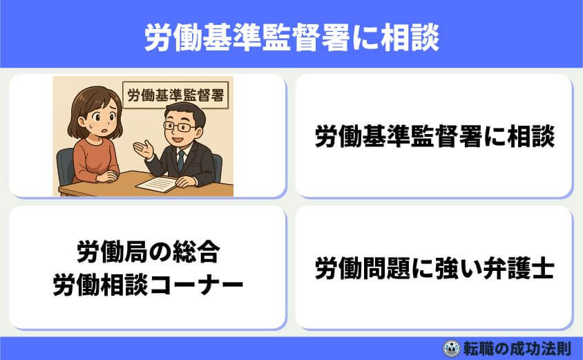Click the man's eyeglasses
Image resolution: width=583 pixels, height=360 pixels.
180,127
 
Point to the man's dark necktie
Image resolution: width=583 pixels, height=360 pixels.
181,160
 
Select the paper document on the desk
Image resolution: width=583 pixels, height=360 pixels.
156,184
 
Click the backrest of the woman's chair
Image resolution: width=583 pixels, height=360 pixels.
66,166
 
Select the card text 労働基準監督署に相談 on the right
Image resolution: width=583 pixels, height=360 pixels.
434,136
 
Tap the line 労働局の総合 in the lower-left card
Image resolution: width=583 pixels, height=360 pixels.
148,254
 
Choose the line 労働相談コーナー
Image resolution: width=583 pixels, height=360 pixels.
148,284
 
